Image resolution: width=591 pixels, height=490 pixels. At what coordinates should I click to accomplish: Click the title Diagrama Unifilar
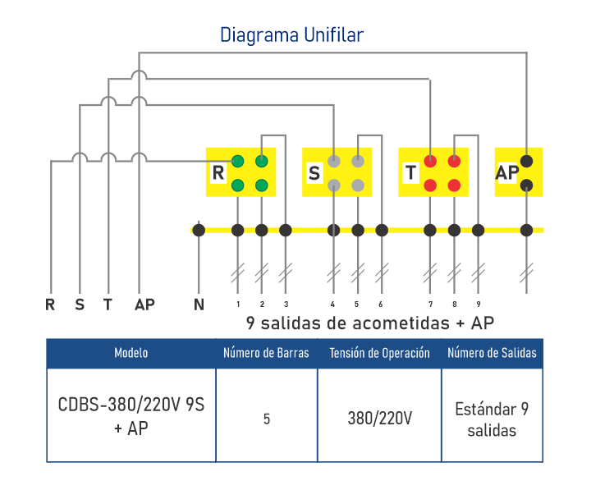tap(291, 35)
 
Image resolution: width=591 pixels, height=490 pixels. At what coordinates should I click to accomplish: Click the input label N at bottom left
tap(199, 305)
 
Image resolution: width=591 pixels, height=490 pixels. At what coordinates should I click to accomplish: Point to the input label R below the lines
tap(51, 305)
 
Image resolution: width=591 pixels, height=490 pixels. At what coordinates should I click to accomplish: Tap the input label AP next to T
tap(144, 305)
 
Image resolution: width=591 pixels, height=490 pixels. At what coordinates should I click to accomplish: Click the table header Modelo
tap(131, 353)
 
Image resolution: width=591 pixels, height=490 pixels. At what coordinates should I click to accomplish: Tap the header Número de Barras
tap(267, 353)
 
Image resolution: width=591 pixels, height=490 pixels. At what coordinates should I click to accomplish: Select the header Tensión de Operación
tap(379, 353)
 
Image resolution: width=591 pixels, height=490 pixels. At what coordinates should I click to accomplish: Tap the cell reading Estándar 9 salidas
tap(492, 419)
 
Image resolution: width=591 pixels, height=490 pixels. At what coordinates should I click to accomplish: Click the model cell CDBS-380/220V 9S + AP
tap(131, 417)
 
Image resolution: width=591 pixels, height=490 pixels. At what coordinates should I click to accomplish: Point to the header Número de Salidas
tap(492, 353)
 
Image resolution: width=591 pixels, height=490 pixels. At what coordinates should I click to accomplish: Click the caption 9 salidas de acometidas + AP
tap(369, 321)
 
